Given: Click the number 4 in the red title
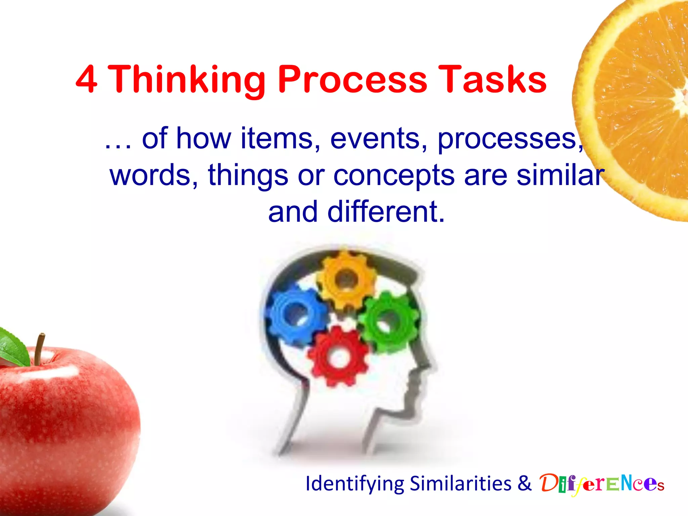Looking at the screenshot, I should pyautogui.click(x=87, y=79).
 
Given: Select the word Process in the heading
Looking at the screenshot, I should pyautogui.click(x=352, y=80).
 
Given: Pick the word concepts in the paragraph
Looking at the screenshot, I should pyautogui.click(x=394, y=176).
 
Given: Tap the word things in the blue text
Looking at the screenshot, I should pyautogui.click(x=248, y=176).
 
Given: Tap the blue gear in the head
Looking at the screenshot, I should pyautogui.click(x=296, y=314).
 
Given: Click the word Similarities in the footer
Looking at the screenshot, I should pyautogui.click(x=461, y=484).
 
